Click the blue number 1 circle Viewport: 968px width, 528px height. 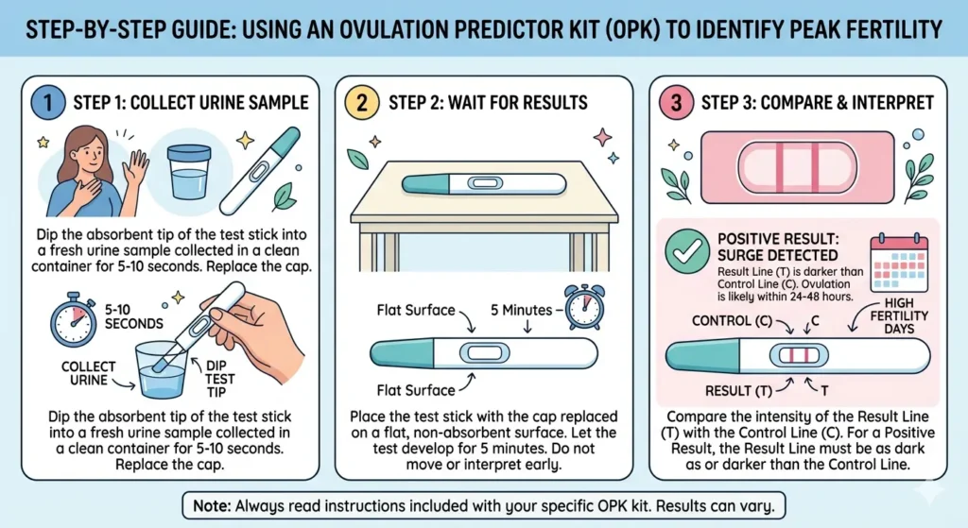(47, 102)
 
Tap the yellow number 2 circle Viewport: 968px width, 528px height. (362, 102)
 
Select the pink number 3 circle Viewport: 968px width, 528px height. (677, 102)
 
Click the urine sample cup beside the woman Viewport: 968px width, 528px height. (189, 172)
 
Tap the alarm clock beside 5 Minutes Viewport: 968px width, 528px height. (584, 307)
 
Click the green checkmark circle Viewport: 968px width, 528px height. (687, 251)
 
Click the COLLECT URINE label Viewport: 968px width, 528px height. (88, 373)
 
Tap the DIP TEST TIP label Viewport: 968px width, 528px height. (219, 379)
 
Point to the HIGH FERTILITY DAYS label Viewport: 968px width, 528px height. (899, 315)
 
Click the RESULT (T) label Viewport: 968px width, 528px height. (738, 391)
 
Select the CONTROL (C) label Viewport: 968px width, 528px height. (732, 321)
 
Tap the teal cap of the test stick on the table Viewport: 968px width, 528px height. (426, 183)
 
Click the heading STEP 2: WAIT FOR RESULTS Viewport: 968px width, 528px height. (488, 102)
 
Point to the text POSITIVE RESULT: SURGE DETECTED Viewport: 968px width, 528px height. (777, 247)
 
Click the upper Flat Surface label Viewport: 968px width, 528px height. (416, 310)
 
